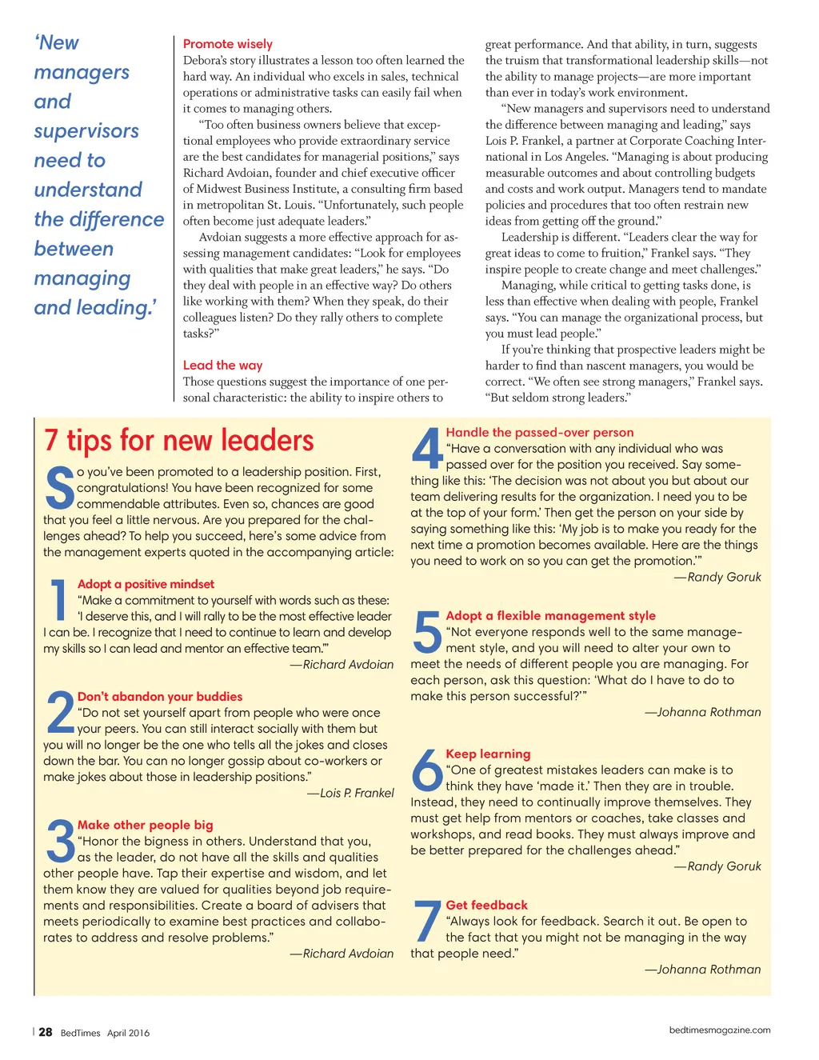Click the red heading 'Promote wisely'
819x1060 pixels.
coord(227,44)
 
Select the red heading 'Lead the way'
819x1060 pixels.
coord(222,365)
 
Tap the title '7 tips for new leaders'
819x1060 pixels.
coord(179,441)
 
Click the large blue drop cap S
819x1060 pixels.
coord(59,489)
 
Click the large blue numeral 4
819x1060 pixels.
coord(427,450)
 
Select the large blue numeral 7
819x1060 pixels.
coord(427,922)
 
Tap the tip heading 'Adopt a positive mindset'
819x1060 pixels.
coord(146,584)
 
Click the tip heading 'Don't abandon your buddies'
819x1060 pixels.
coord(159,697)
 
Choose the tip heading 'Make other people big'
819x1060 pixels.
coord(145,825)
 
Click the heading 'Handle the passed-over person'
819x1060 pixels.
coord(539,432)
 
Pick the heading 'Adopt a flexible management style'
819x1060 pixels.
coord(550,615)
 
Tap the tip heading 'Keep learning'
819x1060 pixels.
coord(488,754)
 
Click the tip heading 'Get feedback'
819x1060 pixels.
coord(486,905)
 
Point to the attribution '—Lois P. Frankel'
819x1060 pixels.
coord(350,793)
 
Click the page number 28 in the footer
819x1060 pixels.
coord(46,1032)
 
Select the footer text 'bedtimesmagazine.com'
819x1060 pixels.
coord(720,1030)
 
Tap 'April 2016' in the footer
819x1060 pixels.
coord(128,1033)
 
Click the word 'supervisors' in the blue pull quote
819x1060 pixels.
coord(86,131)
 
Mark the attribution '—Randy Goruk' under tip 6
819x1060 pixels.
coord(717,866)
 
